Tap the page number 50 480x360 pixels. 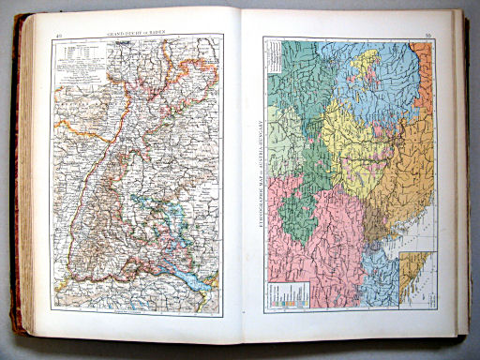tap(427, 37)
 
